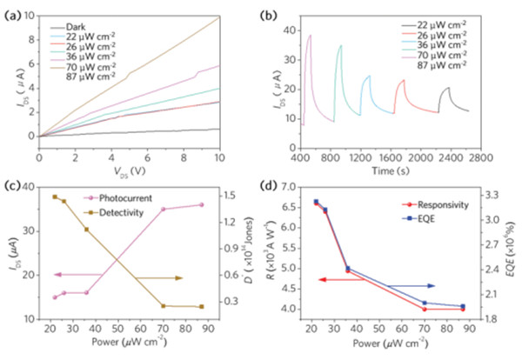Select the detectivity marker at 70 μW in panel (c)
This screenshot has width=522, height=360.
pyautogui.click(x=163, y=306)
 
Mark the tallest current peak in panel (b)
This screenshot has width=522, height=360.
pyautogui.click(x=310, y=36)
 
